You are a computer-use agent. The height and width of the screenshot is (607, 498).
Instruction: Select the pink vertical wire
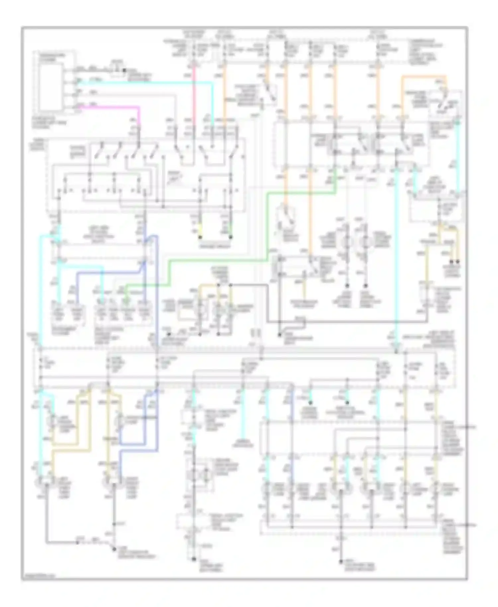194,93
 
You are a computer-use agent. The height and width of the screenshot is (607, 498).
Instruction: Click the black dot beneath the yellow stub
200,237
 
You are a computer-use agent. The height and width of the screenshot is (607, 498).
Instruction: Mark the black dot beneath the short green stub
231,237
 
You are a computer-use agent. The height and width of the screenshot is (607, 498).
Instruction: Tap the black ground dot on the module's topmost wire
124,70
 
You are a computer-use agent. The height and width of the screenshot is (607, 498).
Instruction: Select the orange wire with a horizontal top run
423,77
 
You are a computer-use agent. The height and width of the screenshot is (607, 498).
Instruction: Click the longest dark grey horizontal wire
349,321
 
